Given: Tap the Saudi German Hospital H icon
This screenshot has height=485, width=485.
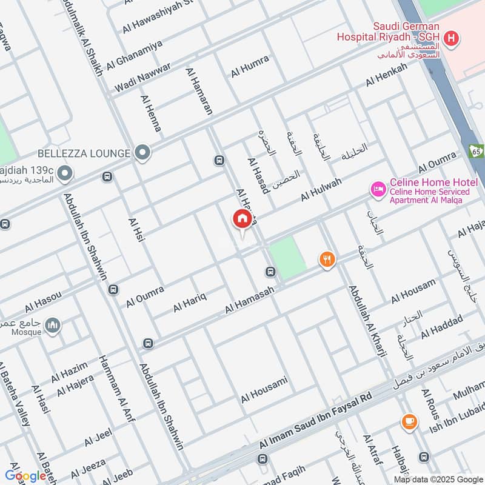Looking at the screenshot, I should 450,40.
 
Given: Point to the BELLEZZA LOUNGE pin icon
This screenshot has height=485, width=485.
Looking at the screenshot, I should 142,153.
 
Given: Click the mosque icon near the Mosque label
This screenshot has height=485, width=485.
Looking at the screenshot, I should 53,326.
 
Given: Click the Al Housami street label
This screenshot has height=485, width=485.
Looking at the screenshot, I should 264,390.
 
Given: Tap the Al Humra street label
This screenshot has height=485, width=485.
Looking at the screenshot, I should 249,67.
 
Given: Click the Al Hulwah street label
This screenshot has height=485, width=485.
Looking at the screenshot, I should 321,189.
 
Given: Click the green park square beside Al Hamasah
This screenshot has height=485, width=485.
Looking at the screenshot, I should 287,257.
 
